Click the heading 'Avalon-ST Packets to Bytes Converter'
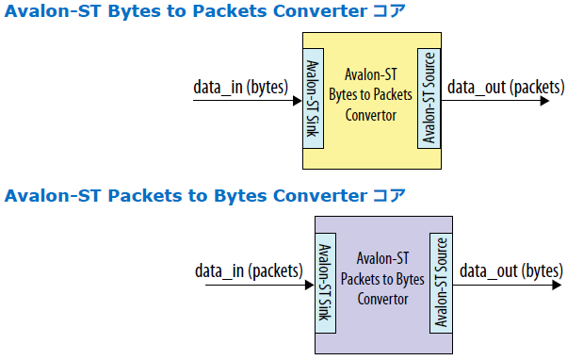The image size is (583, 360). pos(188,197)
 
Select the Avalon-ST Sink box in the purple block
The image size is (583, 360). pos(323,283)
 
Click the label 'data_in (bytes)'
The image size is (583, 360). pos(239,88)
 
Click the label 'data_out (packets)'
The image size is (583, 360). pos(506,88)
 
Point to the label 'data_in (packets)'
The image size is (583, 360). pos(250,271)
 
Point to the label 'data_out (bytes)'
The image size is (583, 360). pos(510,271)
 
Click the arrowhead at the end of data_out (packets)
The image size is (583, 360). pos(543,101)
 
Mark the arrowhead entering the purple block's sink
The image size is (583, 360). pos(307,285)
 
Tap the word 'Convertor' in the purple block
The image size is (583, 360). pos(381,300)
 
